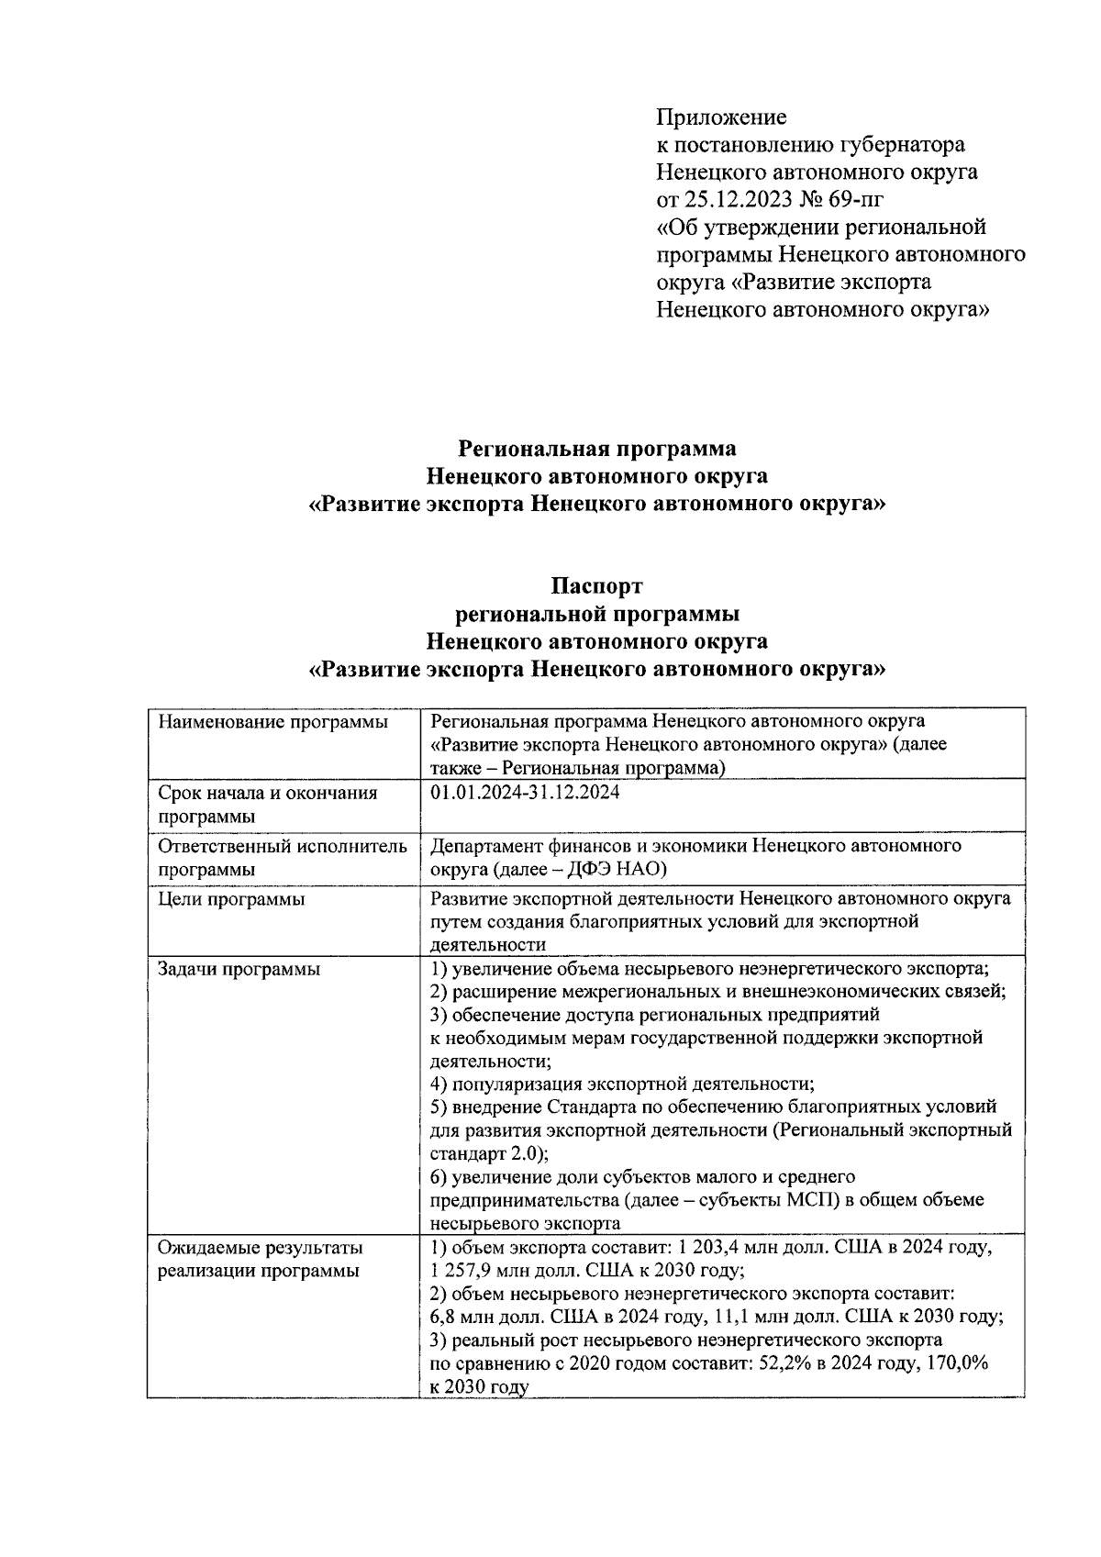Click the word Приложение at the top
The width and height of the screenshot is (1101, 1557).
coord(721,117)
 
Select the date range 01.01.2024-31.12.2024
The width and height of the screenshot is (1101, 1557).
coord(525,792)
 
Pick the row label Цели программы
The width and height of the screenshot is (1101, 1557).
coord(231,899)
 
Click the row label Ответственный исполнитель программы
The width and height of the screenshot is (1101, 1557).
coord(282,857)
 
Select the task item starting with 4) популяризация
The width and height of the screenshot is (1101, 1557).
coord(623,1084)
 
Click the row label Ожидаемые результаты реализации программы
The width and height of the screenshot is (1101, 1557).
coord(260,1259)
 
